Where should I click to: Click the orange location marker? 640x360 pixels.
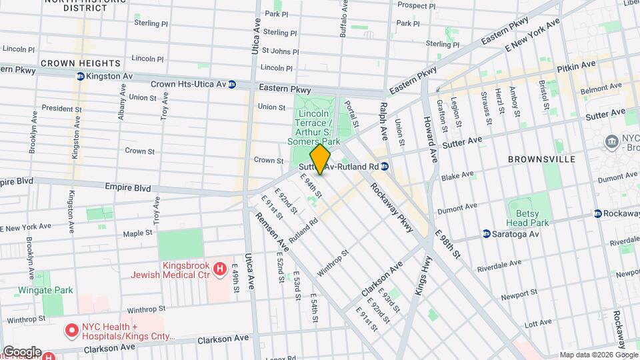click(321, 160)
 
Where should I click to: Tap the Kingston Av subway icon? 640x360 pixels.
click(80, 77)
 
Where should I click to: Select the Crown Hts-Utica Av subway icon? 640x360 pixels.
click(232, 85)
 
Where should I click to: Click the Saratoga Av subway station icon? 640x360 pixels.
click(487, 234)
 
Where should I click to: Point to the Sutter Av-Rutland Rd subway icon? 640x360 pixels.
click(385, 167)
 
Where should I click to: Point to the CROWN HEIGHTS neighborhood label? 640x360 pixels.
click(81, 63)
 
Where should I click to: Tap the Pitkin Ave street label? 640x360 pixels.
click(577, 65)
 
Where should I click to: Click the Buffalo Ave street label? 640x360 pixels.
click(345, 18)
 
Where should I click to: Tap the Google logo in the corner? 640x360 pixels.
click(22, 351)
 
